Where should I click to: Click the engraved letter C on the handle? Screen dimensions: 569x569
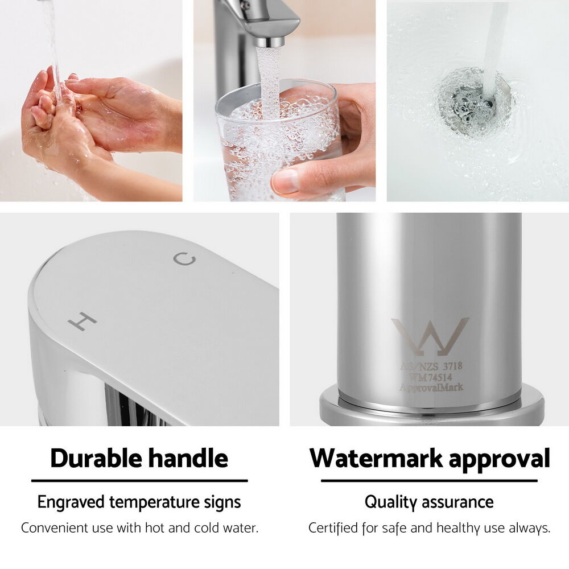pos(184,259)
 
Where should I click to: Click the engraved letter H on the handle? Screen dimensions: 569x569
pos(83,321)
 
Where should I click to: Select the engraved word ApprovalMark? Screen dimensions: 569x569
pos(431,387)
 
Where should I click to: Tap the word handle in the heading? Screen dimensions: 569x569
pos(189,458)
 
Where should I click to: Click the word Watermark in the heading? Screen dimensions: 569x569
pos(376,458)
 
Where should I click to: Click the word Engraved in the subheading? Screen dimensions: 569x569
pos(71,502)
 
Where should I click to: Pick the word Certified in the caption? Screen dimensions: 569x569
pos(333,528)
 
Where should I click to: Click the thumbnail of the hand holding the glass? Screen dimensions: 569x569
pos(284,101)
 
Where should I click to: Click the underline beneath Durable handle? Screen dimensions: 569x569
pos(140,481)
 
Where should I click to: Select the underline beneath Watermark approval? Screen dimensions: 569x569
pos(429,481)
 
